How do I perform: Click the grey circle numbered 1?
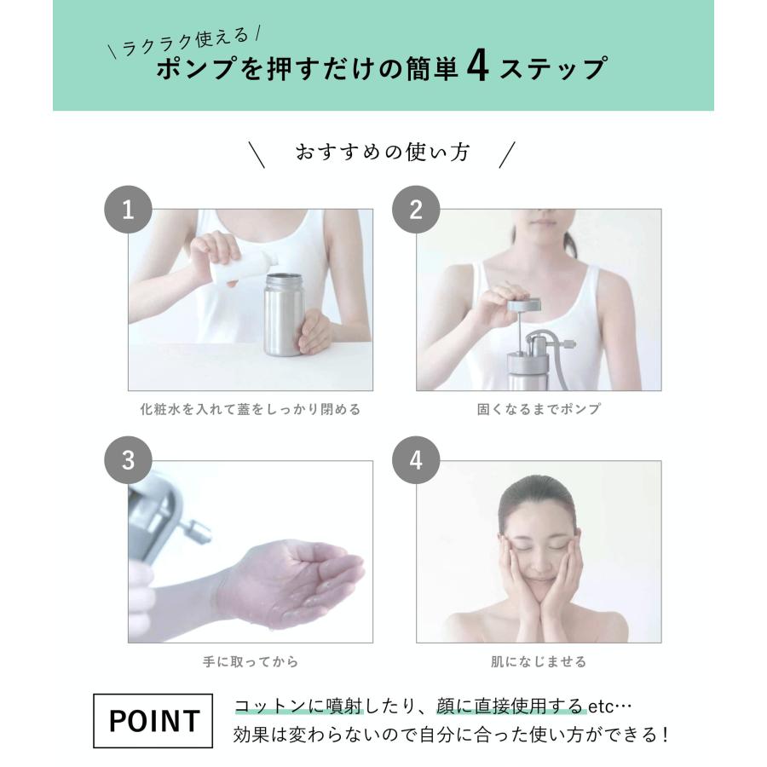coord(128,210)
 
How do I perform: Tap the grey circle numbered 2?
coord(416,210)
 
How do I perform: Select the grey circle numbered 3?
coord(128,460)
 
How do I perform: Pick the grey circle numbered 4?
coord(416,460)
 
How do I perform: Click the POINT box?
coord(153,720)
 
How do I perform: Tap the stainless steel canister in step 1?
coord(283,314)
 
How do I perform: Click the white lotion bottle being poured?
coord(243,267)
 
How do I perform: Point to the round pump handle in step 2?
coord(524,305)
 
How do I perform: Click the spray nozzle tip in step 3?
coord(200,531)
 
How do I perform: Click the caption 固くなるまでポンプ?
coord(539,409)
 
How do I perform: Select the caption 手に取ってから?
coord(251,661)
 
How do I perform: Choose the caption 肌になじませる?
coord(539,661)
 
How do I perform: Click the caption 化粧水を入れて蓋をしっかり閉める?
coord(251,409)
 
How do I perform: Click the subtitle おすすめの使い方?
coord(383,153)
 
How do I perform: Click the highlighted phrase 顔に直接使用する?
coord(510,706)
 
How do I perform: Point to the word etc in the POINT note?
coord(600,706)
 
